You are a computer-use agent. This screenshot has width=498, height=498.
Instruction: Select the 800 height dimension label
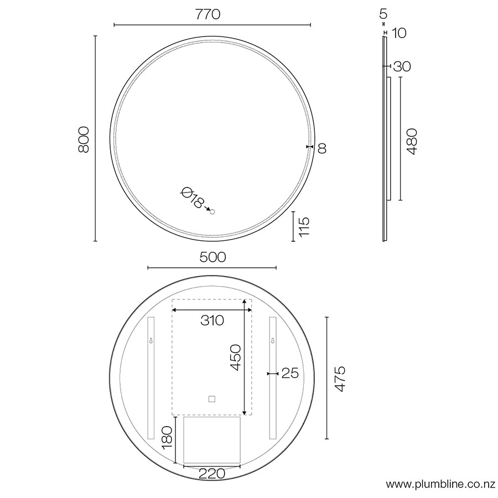[84, 139]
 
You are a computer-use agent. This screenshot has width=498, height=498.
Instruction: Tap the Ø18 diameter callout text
[192, 197]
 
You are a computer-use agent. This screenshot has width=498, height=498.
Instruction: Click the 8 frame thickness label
[322, 148]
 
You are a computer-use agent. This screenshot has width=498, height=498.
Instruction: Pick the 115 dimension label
[304, 227]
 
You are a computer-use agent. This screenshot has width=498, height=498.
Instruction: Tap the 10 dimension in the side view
[399, 33]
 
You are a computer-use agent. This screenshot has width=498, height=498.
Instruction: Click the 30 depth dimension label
[402, 67]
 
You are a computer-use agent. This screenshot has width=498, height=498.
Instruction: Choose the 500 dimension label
[212, 257]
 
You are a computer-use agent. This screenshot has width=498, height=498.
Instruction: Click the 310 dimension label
[212, 320]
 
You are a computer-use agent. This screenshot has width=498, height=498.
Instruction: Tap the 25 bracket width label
[290, 373]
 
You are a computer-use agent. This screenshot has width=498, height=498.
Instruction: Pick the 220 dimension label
[211, 474]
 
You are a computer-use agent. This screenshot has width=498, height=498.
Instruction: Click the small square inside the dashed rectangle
[211, 398]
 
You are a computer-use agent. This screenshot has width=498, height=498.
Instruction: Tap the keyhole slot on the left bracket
[150, 341]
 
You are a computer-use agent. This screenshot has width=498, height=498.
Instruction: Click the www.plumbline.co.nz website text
[440, 485]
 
